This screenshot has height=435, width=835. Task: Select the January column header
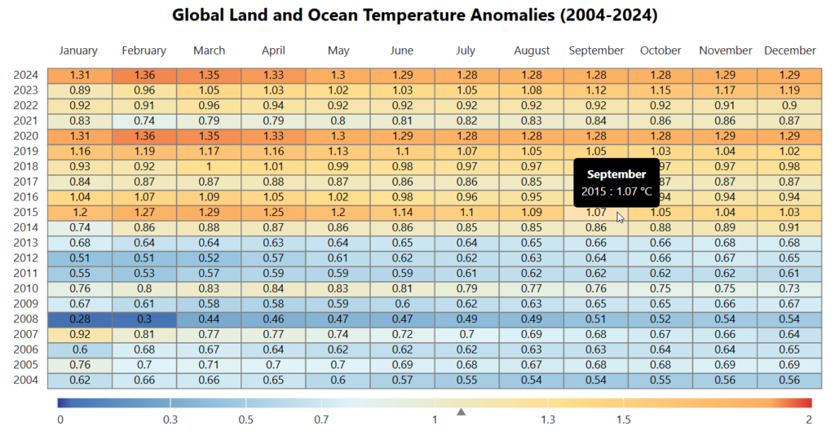[x=78, y=51]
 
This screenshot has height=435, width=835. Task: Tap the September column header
[x=596, y=51]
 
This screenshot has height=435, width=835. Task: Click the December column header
[x=789, y=51]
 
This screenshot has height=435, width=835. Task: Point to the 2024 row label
[x=25, y=75]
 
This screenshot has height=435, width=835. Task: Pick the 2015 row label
[x=25, y=213]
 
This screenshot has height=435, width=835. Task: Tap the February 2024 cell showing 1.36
[x=144, y=75]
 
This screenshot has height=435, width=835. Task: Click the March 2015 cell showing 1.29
[x=209, y=213]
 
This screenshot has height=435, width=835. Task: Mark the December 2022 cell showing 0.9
[x=789, y=105]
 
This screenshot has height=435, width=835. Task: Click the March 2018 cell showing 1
[x=209, y=167]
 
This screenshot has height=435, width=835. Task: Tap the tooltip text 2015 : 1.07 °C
[x=616, y=191]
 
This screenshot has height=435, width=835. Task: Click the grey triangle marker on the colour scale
[x=462, y=412]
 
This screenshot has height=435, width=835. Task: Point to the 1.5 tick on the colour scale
[x=623, y=420]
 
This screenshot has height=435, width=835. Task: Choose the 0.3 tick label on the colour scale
[x=170, y=420]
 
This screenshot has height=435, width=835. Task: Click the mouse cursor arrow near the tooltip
[x=620, y=217]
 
